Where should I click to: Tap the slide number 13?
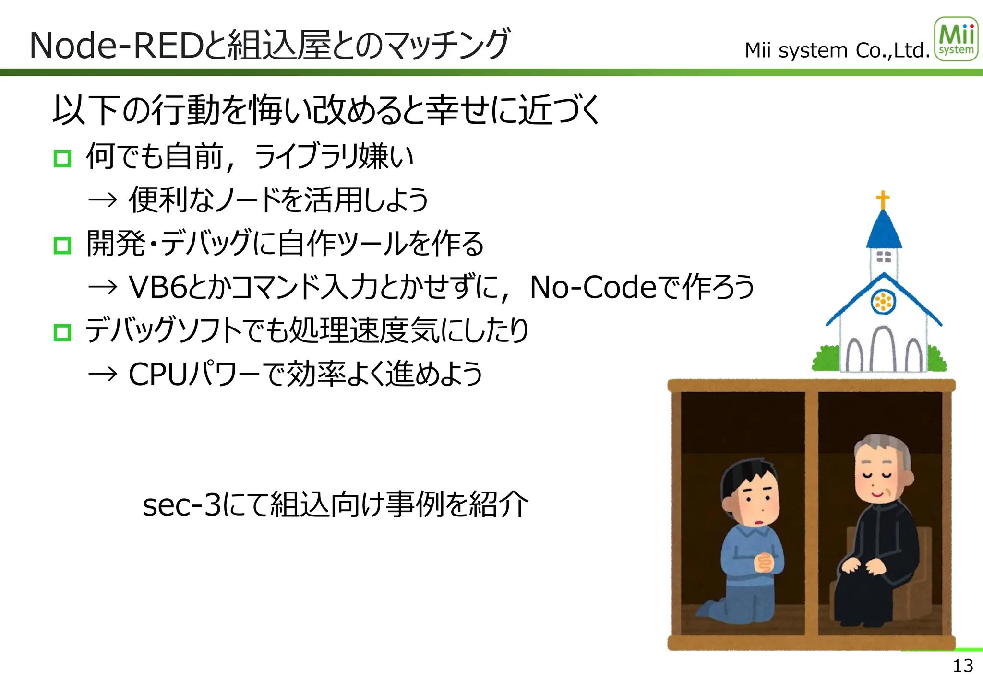(962, 666)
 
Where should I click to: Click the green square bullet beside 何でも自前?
(62, 158)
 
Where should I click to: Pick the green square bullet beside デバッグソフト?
(62, 332)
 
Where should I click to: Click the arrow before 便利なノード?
(103, 199)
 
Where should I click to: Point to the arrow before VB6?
(103, 287)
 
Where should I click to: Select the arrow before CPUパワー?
(103, 374)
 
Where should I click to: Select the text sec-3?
(182, 505)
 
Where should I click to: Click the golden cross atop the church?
(883, 199)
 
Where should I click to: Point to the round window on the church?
(883, 302)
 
